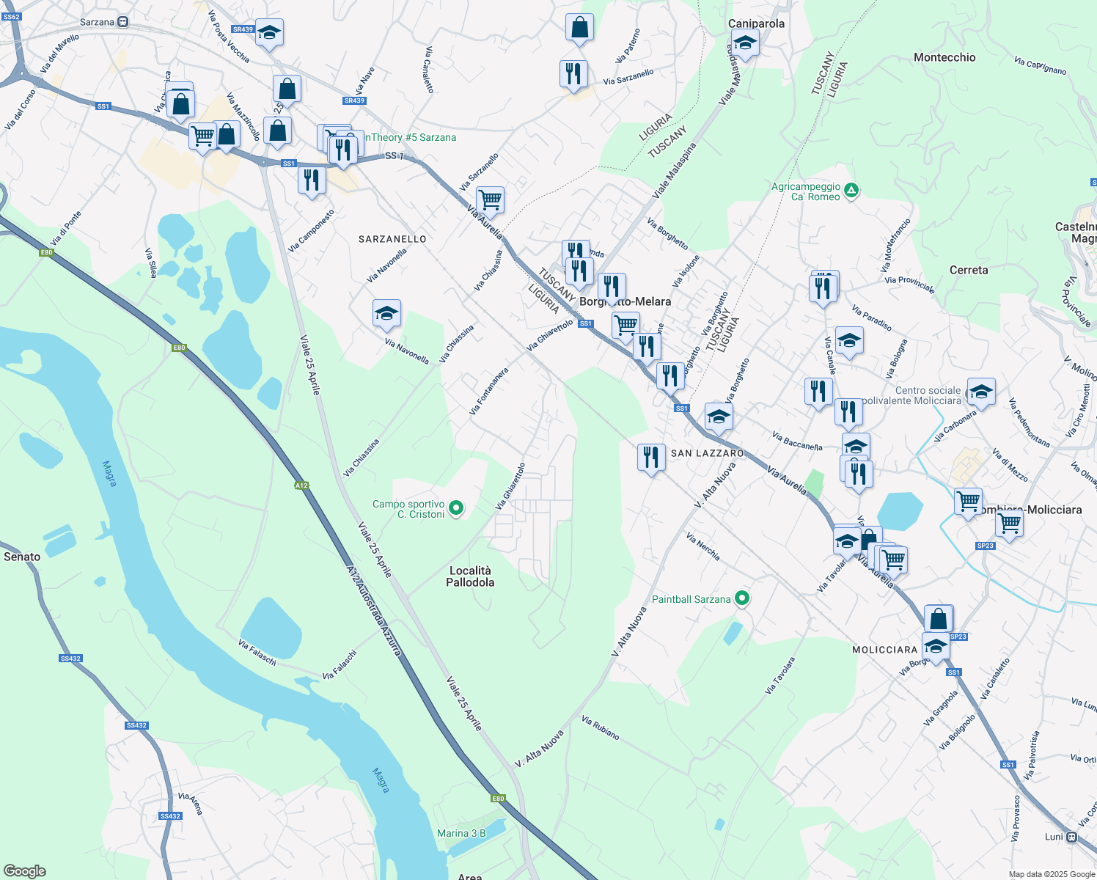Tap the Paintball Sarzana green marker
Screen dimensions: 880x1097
pos(742,599)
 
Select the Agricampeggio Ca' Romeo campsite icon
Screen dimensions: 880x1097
pos(851,191)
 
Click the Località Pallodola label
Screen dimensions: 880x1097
pos(470,576)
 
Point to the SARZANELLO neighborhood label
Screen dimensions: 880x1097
pos(392,239)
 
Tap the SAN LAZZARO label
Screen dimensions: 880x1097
pos(707,453)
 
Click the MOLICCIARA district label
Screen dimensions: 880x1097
pos(884,650)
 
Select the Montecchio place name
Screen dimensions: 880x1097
pos(944,57)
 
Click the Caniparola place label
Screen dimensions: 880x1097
pos(756,23)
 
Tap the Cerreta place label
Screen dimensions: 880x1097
pos(968,270)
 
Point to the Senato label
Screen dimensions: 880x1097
pos(22,557)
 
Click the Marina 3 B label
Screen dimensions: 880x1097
pos(461,833)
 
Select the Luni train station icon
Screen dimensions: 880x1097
pos(1072,837)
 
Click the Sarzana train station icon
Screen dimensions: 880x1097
pos(122,22)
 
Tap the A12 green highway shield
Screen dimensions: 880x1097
pos(301,485)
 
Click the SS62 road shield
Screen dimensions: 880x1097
pos(10,15)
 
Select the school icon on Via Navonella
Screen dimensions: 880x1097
pos(386,314)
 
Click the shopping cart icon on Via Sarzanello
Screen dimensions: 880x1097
pos(490,199)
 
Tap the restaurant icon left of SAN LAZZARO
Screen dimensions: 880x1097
pos(651,458)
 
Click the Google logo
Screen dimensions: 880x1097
pos(25,871)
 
